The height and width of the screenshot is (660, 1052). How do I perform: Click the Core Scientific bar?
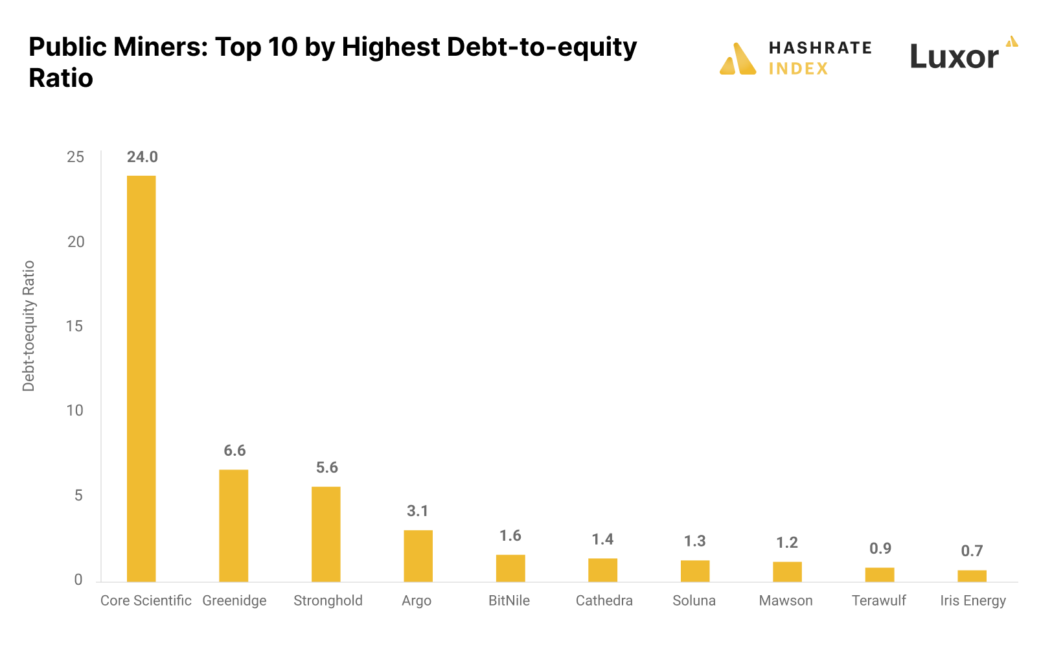[141, 379]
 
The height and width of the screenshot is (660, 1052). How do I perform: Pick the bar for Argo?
[418, 556]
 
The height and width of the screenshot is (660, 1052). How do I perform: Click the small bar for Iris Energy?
[972, 576]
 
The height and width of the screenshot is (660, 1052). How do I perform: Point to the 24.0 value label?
[142, 157]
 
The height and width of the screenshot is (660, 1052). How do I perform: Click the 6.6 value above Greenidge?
[234, 451]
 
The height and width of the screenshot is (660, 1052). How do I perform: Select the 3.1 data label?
[418, 511]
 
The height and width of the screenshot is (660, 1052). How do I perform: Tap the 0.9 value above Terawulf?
[880, 548]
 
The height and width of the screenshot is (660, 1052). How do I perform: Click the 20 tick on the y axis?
[76, 242]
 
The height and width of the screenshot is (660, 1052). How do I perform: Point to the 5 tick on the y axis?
[78, 495]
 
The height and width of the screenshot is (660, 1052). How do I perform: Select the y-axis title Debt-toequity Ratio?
[29, 326]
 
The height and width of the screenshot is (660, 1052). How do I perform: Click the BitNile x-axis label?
[509, 600]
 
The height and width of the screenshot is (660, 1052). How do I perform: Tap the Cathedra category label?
[604, 600]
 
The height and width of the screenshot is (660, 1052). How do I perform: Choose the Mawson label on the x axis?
[785, 600]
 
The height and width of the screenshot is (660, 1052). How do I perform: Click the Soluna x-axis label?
[694, 600]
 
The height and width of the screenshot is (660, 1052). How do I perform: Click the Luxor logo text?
[954, 57]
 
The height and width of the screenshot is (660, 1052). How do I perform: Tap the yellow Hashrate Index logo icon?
[738, 59]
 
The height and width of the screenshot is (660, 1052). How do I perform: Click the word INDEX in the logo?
[798, 69]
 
